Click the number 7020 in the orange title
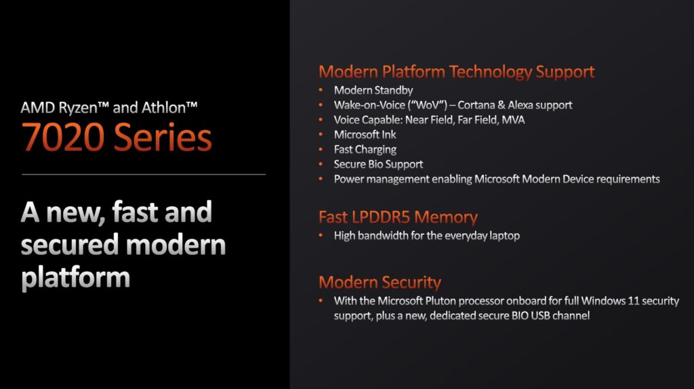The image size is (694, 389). tap(63, 137)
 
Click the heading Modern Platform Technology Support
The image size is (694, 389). tap(456, 72)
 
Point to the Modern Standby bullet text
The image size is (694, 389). tap(373, 90)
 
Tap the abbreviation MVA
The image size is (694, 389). tap(513, 120)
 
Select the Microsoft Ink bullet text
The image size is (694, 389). tap(365, 135)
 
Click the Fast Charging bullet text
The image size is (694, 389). tap(365, 150)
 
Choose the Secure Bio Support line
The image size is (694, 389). tap(378, 164)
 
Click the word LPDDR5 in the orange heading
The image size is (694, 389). tap(381, 217)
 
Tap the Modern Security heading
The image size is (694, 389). tap(380, 282)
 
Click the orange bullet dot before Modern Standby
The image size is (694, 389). tap(321, 90)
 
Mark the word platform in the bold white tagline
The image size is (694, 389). tap(76, 278)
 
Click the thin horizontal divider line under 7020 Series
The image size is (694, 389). tap(144, 175)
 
